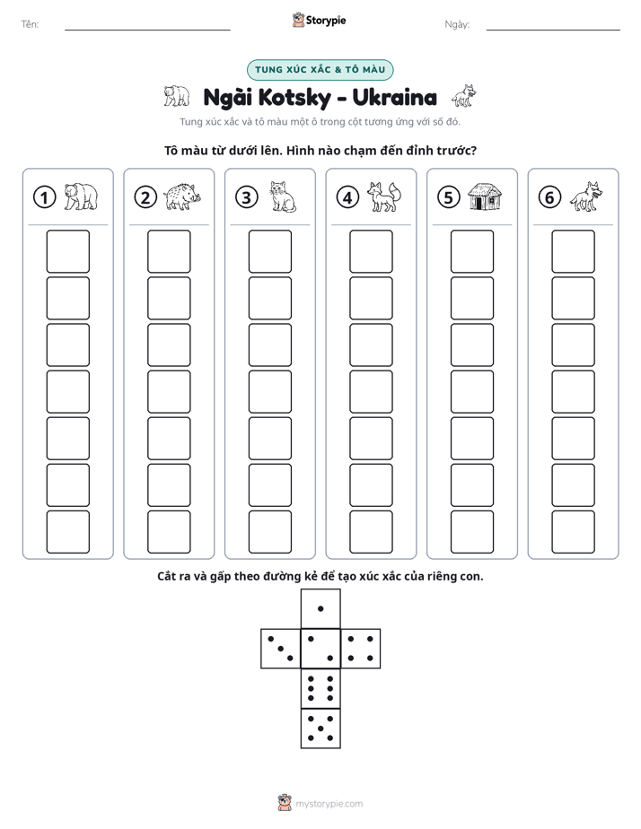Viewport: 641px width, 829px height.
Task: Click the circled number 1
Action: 44,197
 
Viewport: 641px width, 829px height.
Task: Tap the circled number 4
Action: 347,197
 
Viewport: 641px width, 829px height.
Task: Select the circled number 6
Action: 549,197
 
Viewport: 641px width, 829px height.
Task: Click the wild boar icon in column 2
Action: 182,196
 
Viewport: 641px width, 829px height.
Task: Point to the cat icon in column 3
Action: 283,196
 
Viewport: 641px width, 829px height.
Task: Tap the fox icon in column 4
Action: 384,196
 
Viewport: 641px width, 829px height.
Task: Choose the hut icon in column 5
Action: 485,196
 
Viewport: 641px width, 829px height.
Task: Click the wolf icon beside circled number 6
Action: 586,196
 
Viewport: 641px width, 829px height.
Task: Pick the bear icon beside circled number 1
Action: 82,196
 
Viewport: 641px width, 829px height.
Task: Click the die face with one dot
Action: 320,608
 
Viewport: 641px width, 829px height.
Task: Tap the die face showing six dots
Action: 320,688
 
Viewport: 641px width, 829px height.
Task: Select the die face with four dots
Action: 361,648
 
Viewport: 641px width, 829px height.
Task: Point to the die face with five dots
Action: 320,729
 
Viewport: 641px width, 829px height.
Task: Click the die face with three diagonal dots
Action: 281,648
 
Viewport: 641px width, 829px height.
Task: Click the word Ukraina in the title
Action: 394,97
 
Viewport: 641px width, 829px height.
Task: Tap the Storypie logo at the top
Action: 319,20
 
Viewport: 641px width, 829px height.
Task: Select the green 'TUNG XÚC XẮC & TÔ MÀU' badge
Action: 320,70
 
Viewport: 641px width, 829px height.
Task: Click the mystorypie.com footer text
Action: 329,804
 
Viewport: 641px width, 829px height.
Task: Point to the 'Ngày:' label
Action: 457,24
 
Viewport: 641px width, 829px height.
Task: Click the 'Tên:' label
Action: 30,24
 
